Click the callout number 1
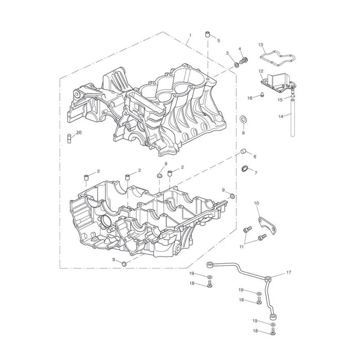pyautogui.click(x=190, y=36)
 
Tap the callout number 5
pyautogui.click(x=219, y=40)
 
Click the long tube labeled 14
pyautogui.click(x=292, y=117)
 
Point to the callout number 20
pyautogui.click(x=79, y=133)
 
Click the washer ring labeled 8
pyautogui.click(x=243, y=120)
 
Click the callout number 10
pyautogui.click(x=256, y=203)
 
